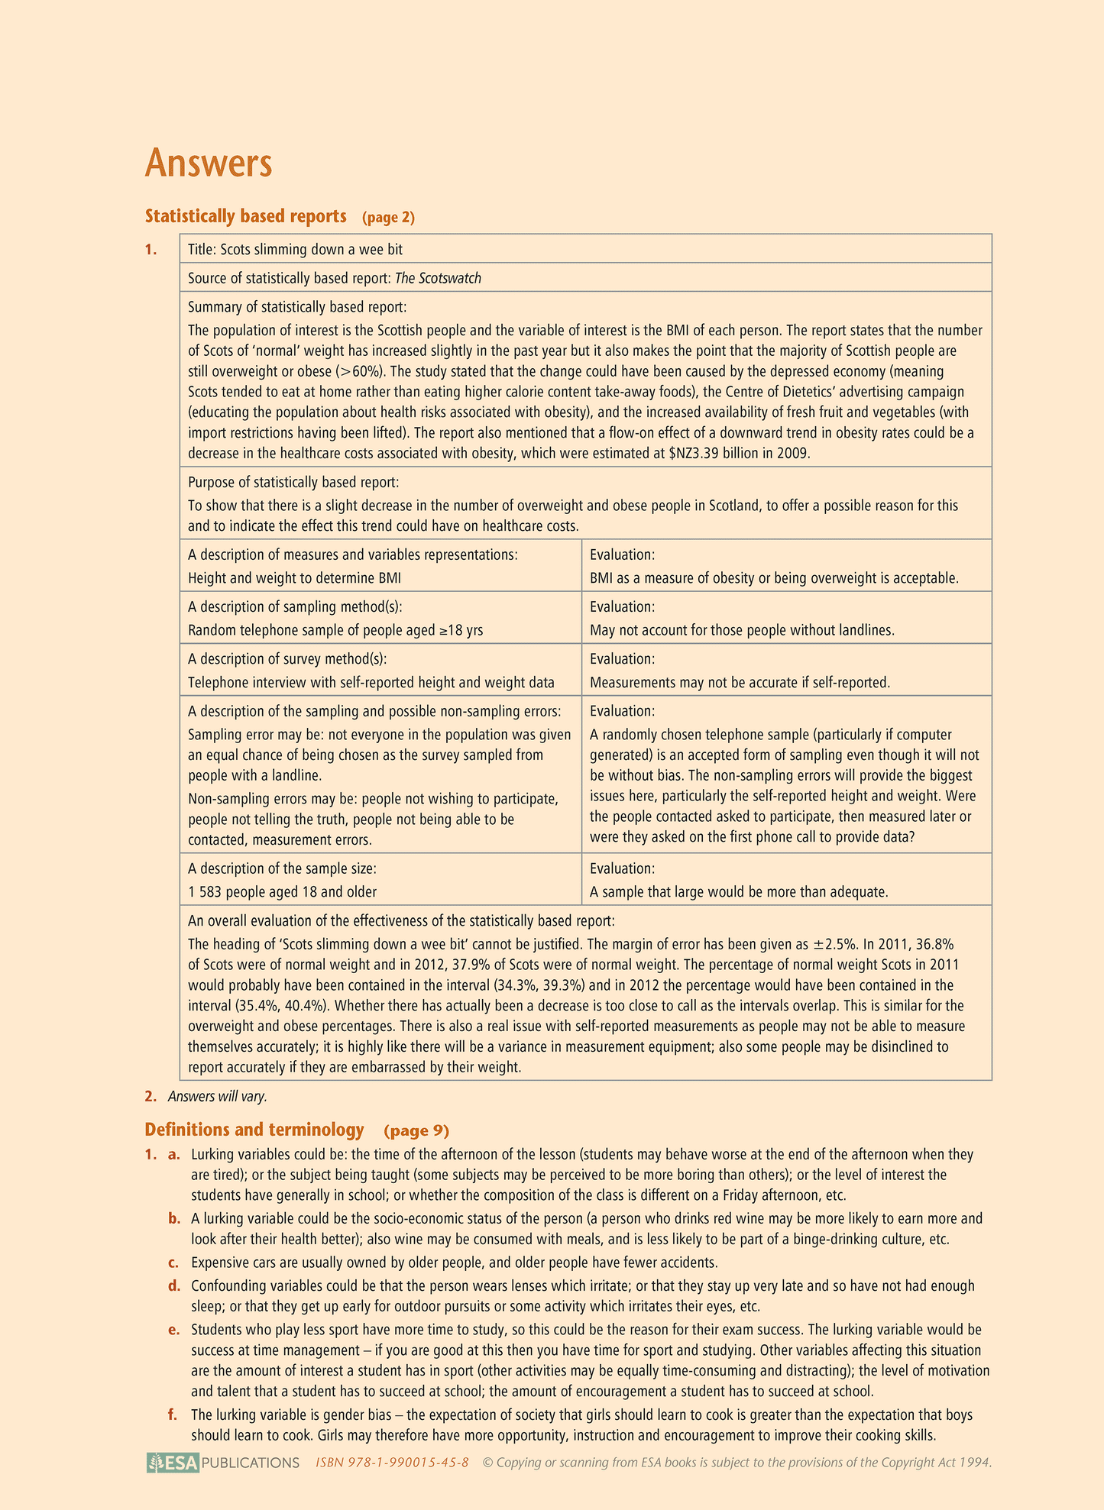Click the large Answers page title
coord(209,163)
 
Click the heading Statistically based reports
coord(245,217)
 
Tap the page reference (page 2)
coord(388,218)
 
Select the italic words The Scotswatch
coord(438,278)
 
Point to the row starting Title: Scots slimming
coord(295,250)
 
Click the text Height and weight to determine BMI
coord(294,578)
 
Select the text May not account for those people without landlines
coord(742,630)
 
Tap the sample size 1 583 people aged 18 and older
coord(282,891)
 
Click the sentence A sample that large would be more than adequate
coord(739,891)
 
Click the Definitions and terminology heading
coord(254,1130)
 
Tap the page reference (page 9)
coord(416,1130)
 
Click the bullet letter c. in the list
coord(173,1261)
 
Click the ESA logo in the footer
coord(173,1463)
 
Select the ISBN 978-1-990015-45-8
coord(392,1463)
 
